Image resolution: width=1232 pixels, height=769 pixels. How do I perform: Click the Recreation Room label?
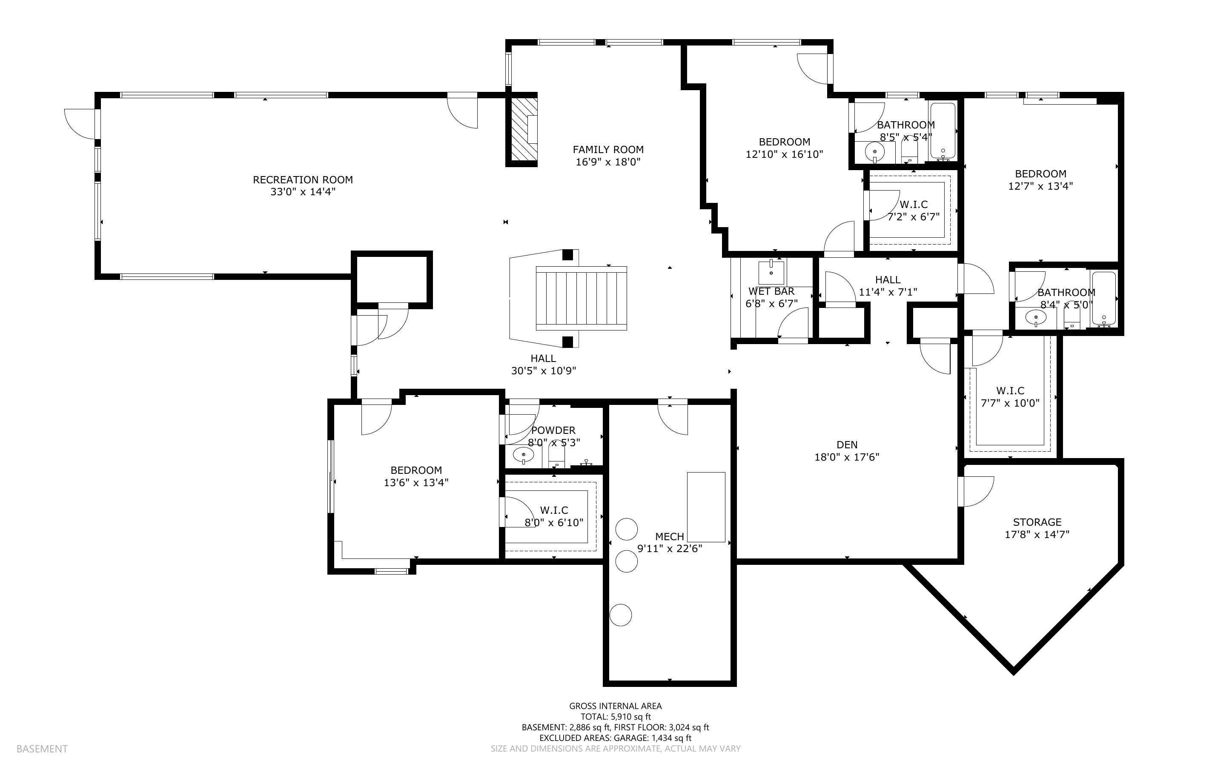[303, 179]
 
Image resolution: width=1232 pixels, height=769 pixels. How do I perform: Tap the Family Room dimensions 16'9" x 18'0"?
[608, 162]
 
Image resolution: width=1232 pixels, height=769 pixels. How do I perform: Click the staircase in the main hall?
[581, 298]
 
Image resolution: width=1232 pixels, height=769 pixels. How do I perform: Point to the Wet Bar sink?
[771, 272]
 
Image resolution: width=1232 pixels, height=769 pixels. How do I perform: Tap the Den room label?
[847, 444]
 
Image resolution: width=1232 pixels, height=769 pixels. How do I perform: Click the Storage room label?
[1037, 522]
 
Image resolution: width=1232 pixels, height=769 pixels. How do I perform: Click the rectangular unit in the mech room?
[706, 507]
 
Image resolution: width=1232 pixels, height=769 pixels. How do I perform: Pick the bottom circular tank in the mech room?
[620, 615]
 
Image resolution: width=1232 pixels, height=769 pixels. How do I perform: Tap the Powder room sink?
[524, 455]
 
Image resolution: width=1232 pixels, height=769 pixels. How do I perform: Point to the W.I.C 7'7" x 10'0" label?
[1010, 397]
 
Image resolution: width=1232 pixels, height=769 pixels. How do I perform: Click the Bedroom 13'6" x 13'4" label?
[416, 476]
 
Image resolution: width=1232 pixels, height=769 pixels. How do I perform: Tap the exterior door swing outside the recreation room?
[79, 124]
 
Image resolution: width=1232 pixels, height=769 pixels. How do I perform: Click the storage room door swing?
[978, 491]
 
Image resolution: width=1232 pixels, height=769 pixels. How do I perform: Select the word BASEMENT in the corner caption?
[42, 749]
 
